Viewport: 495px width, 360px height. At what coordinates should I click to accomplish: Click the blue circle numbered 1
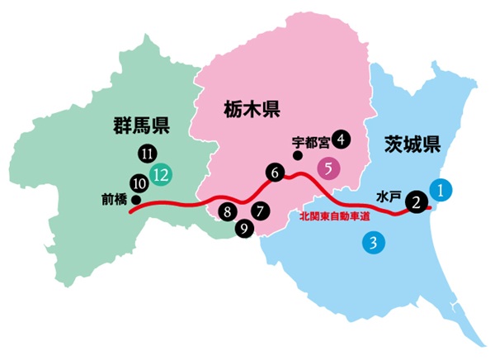(442, 189)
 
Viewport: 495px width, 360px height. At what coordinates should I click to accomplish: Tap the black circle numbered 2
(418, 201)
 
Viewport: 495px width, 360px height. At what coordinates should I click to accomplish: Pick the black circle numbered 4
(342, 139)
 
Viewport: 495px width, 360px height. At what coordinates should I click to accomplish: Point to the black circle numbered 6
(275, 173)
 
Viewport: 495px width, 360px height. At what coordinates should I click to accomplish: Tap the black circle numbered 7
(260, 211)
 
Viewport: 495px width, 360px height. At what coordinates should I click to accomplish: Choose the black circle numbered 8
(229, 212)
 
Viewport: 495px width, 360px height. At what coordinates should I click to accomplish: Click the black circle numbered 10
(139, 182)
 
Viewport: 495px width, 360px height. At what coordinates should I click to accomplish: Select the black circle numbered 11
(148, 153)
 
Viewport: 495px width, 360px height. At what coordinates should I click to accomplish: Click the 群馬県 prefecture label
(142, 126)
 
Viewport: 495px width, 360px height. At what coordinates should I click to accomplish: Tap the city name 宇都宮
(310, 140)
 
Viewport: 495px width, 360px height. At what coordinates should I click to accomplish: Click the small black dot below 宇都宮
(298, 154)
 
